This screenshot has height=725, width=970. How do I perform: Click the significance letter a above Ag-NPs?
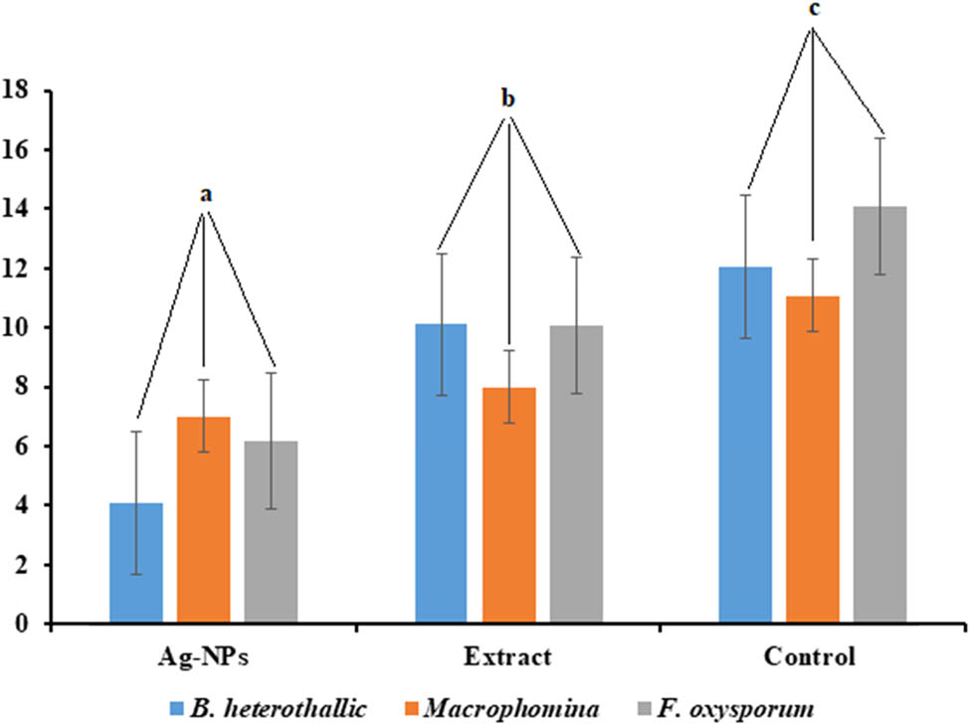click(x=204, y=195)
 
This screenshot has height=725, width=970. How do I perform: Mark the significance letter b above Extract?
click(x=508, y=99)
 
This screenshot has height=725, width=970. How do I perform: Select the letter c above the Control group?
click(x=813, y=9)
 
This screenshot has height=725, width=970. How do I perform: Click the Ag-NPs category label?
click(x=204, y=658)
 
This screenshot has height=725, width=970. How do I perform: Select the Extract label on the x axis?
click(x=508, y=658)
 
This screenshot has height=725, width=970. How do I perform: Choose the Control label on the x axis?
click(x=813, y=658)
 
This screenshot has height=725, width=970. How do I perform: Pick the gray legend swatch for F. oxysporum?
click(x=646, y=707)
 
